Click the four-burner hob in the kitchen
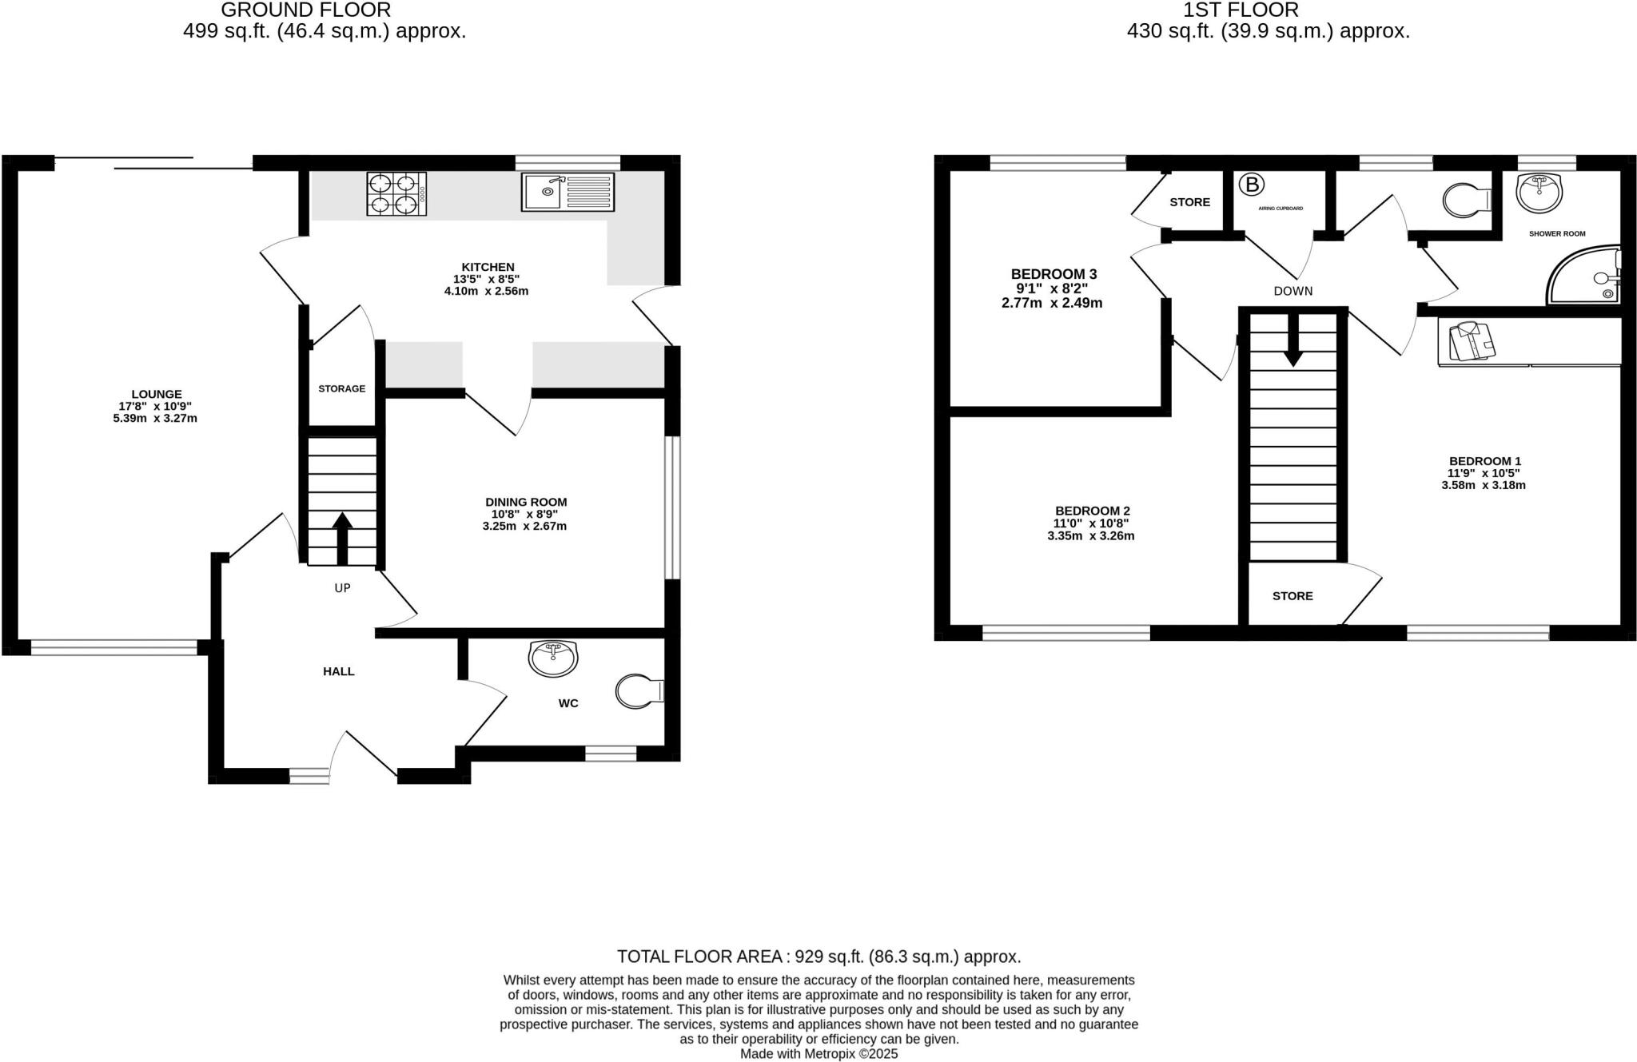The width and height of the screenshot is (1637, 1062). (x=396, y=194)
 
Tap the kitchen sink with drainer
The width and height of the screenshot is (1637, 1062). (x=568, y=193)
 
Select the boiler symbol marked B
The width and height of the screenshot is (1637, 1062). (x=1252, y=185)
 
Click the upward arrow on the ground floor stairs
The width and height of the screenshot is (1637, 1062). (x=342, y=537)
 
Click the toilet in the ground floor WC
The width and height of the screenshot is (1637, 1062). (x=639, y=691)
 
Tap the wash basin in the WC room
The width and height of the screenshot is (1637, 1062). (x=553, y=658)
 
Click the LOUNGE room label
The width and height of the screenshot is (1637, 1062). (x=156, y=394)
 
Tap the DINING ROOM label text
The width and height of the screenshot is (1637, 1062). (x=526, y=502)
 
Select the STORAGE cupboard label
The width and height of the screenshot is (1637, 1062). (x=341, y=388)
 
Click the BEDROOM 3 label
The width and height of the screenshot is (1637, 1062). (x=1052, y=273)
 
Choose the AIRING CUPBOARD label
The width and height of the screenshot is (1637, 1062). (x=1281, y=209)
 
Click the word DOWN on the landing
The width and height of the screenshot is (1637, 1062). (x=1292, y=291)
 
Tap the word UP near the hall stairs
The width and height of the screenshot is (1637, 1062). (x=342, y=588)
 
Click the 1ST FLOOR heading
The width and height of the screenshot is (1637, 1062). (x=1268, y=10)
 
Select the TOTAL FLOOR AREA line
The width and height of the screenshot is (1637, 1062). (x=818, y=957)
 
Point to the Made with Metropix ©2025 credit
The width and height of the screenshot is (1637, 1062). (x=818, y=1054)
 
